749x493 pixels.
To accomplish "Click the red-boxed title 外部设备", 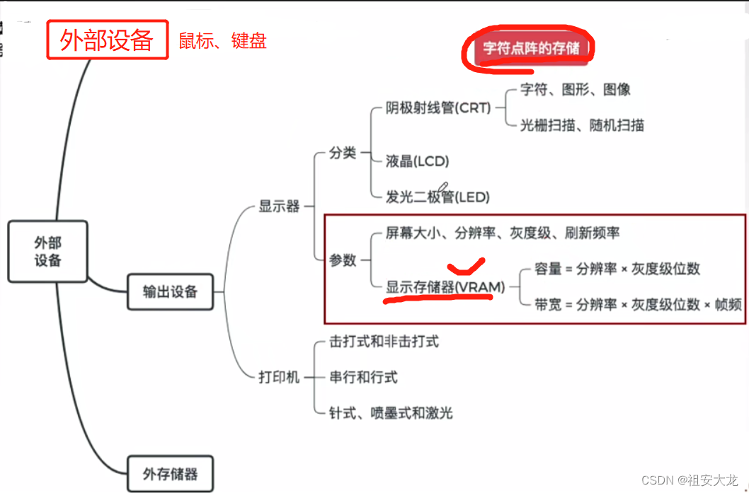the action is click(x=107, y=40).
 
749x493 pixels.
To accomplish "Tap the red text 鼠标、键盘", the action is click(x=222, y=41).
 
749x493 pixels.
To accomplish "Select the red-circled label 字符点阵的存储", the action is click(x=531, y=49).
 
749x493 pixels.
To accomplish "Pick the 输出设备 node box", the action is click(x=170, y=291).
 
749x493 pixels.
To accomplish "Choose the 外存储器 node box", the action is click(x=170, y=473).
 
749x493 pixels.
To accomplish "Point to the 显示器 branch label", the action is click(x=279, y=207).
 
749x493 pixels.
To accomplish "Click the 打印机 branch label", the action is click(x=279, y=376).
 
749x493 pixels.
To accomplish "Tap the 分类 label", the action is click(x=343, y=153).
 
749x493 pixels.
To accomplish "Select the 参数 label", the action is click(x=343, y=260).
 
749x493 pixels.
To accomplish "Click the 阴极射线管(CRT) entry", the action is click(x=438, y=108).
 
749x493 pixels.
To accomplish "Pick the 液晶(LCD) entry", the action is click(x=418, y=161).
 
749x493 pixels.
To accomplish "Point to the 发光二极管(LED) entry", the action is click(x=438, y=197).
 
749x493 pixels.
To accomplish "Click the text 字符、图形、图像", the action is click(x=575, y=90).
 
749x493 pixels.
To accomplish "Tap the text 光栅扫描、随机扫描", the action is click(x=582, y=125).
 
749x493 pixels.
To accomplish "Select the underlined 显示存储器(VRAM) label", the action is click(x=445, y=287).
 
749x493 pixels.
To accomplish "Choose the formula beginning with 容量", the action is click(x=617, y=269).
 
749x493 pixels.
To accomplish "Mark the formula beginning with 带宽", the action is click(x=638, y=304).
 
